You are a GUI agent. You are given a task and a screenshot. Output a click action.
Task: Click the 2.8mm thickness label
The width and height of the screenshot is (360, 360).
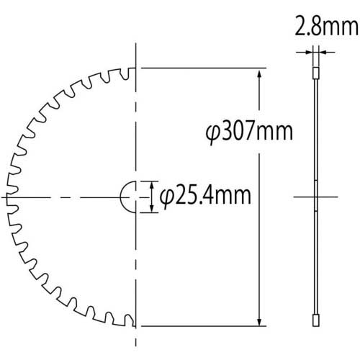326,26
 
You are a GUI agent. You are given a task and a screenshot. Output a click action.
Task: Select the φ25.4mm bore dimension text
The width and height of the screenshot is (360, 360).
205,197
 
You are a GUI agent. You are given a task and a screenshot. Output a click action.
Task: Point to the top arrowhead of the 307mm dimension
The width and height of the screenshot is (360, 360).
259,73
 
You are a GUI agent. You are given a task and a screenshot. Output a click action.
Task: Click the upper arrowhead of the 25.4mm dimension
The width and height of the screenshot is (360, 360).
151,185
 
